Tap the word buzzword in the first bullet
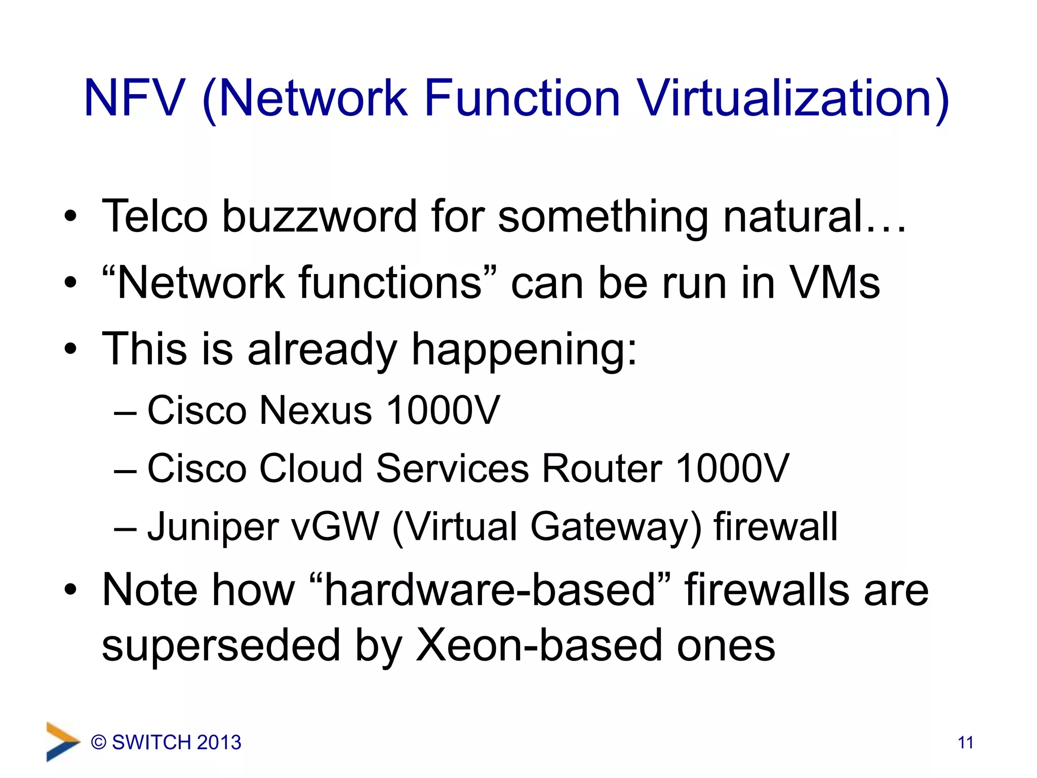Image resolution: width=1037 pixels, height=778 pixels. click(x=319, y=217)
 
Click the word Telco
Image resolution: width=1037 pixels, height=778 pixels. click(x=155, y=217)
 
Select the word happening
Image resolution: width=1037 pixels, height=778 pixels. click(x=524, y=349)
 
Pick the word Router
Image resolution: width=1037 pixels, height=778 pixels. click(x=602, y=468)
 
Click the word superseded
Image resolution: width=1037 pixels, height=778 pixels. click(x=221, y=646)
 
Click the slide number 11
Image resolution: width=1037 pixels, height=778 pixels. click(x=966, y=743)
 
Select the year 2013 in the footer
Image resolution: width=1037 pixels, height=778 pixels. click(x=219, y=743)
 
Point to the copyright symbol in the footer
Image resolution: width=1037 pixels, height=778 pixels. click(x=99, y=743)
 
